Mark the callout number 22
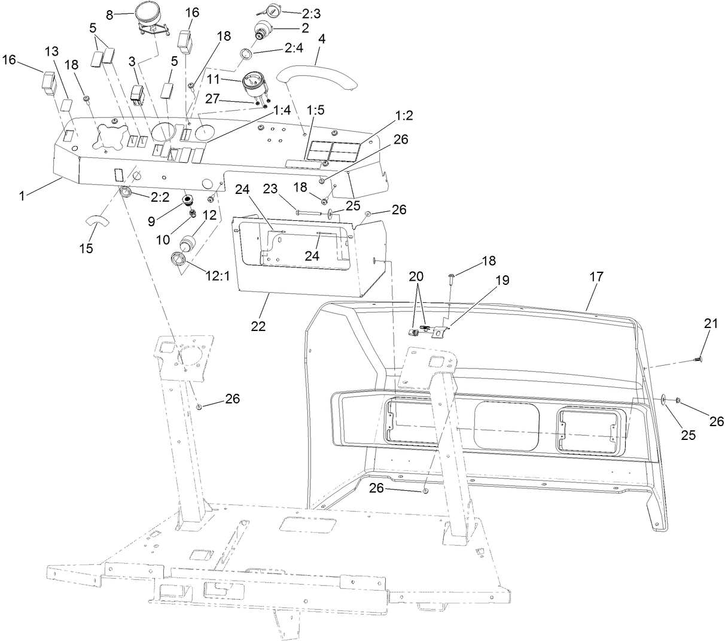(259, 326)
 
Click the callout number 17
(596, 277)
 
